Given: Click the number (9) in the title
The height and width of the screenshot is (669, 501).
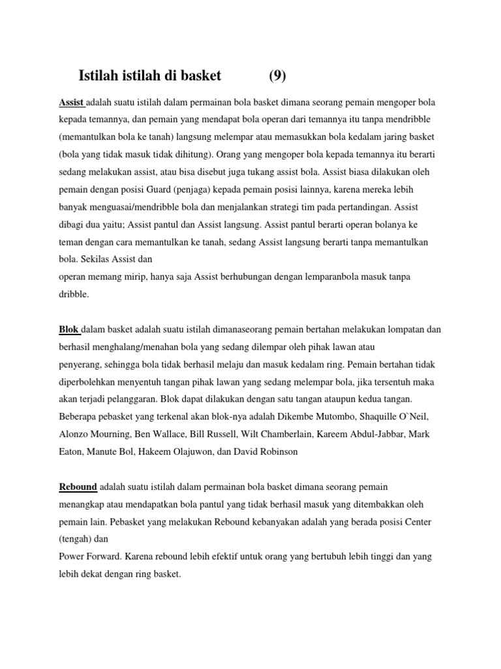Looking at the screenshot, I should click(x=277, y=76).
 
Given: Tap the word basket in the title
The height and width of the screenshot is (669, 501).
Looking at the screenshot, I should click(x=198, y=76).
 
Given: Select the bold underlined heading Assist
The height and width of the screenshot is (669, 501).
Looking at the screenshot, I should click(x=71, y=103).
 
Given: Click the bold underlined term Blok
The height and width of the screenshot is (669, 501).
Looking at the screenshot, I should click(x=69, y=329).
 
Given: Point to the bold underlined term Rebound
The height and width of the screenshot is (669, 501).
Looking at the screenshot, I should click(x=78, y=487).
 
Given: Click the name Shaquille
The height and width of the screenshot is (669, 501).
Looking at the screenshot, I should click(x=382, y=417).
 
